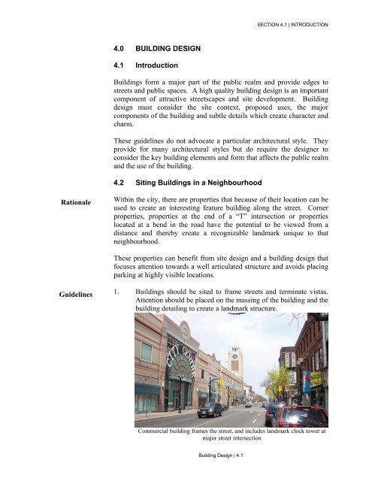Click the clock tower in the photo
(236, 362)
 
